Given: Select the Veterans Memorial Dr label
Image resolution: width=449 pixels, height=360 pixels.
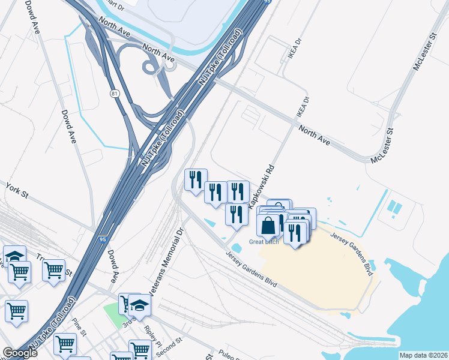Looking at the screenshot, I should (170, 262).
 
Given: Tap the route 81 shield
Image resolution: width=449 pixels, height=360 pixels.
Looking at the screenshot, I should (114, 94).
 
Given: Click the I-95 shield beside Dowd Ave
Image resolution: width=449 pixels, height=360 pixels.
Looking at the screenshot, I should (103, 239).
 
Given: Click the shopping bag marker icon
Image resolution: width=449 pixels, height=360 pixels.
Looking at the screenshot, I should (268, 226).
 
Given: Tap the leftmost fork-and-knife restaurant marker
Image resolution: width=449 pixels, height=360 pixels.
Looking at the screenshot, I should (195, 179).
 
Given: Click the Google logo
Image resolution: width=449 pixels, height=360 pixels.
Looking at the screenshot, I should (19, 353).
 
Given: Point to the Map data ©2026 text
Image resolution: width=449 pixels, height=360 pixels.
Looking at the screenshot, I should (423, 355).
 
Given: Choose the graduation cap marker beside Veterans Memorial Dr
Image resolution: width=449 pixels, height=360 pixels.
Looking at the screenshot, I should (139, 306).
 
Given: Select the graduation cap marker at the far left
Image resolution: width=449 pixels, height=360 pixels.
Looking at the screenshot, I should (14, 256).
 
